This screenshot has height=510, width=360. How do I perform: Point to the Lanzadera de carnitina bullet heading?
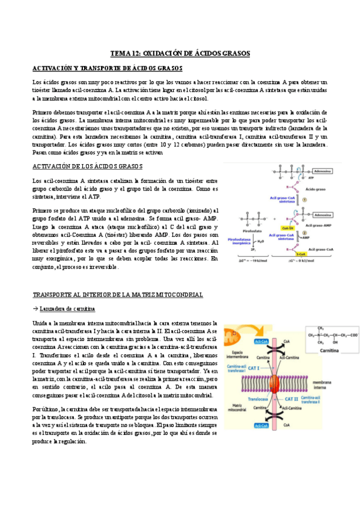67,309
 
